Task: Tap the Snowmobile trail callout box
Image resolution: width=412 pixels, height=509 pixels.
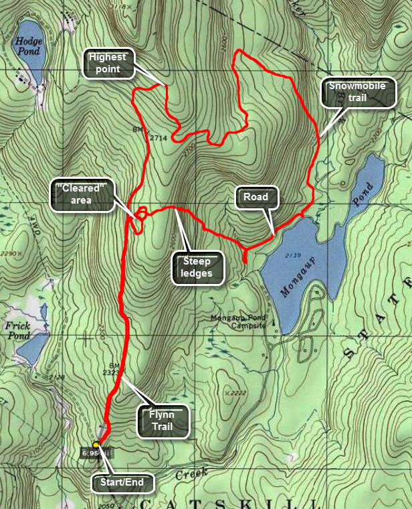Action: point(358,93)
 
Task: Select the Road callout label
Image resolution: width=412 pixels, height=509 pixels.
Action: point(255,198)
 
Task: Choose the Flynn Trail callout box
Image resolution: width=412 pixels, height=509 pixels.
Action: point(163,421)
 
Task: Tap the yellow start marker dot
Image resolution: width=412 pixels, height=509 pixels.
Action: point(96,445)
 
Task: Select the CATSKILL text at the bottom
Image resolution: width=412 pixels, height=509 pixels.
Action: point(227,503)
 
